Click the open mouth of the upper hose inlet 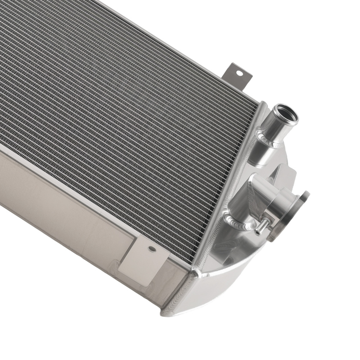[286, 114]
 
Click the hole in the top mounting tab [239, 74]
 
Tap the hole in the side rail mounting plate [152, 249]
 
